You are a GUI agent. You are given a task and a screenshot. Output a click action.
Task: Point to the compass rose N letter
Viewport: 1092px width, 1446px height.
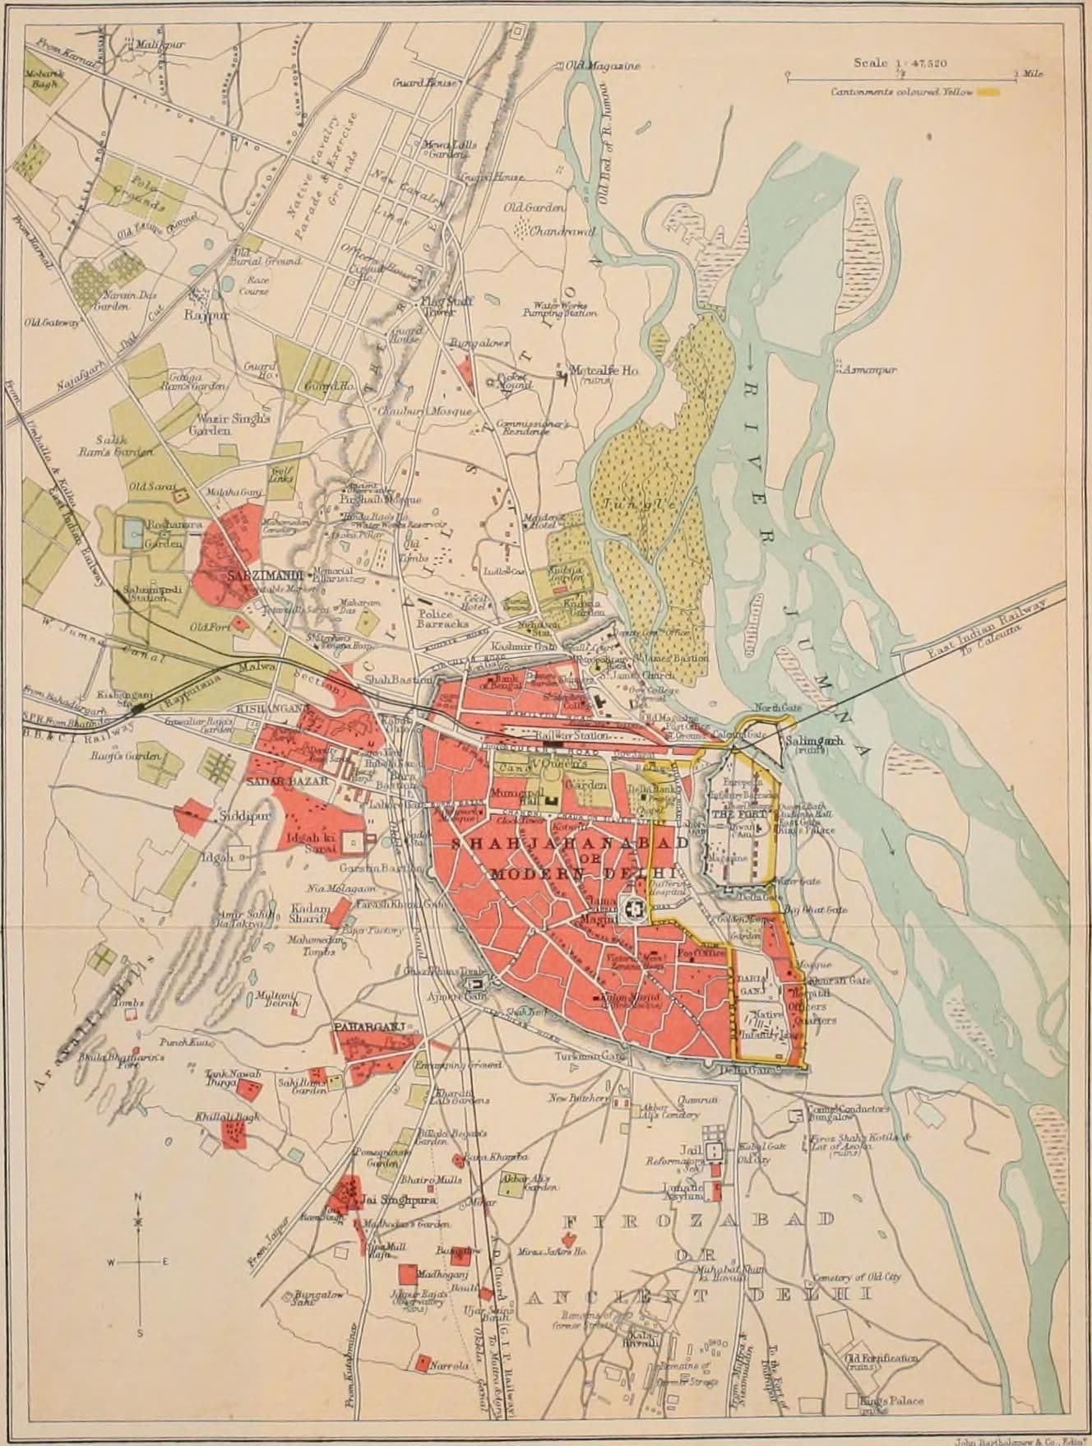138,1197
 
